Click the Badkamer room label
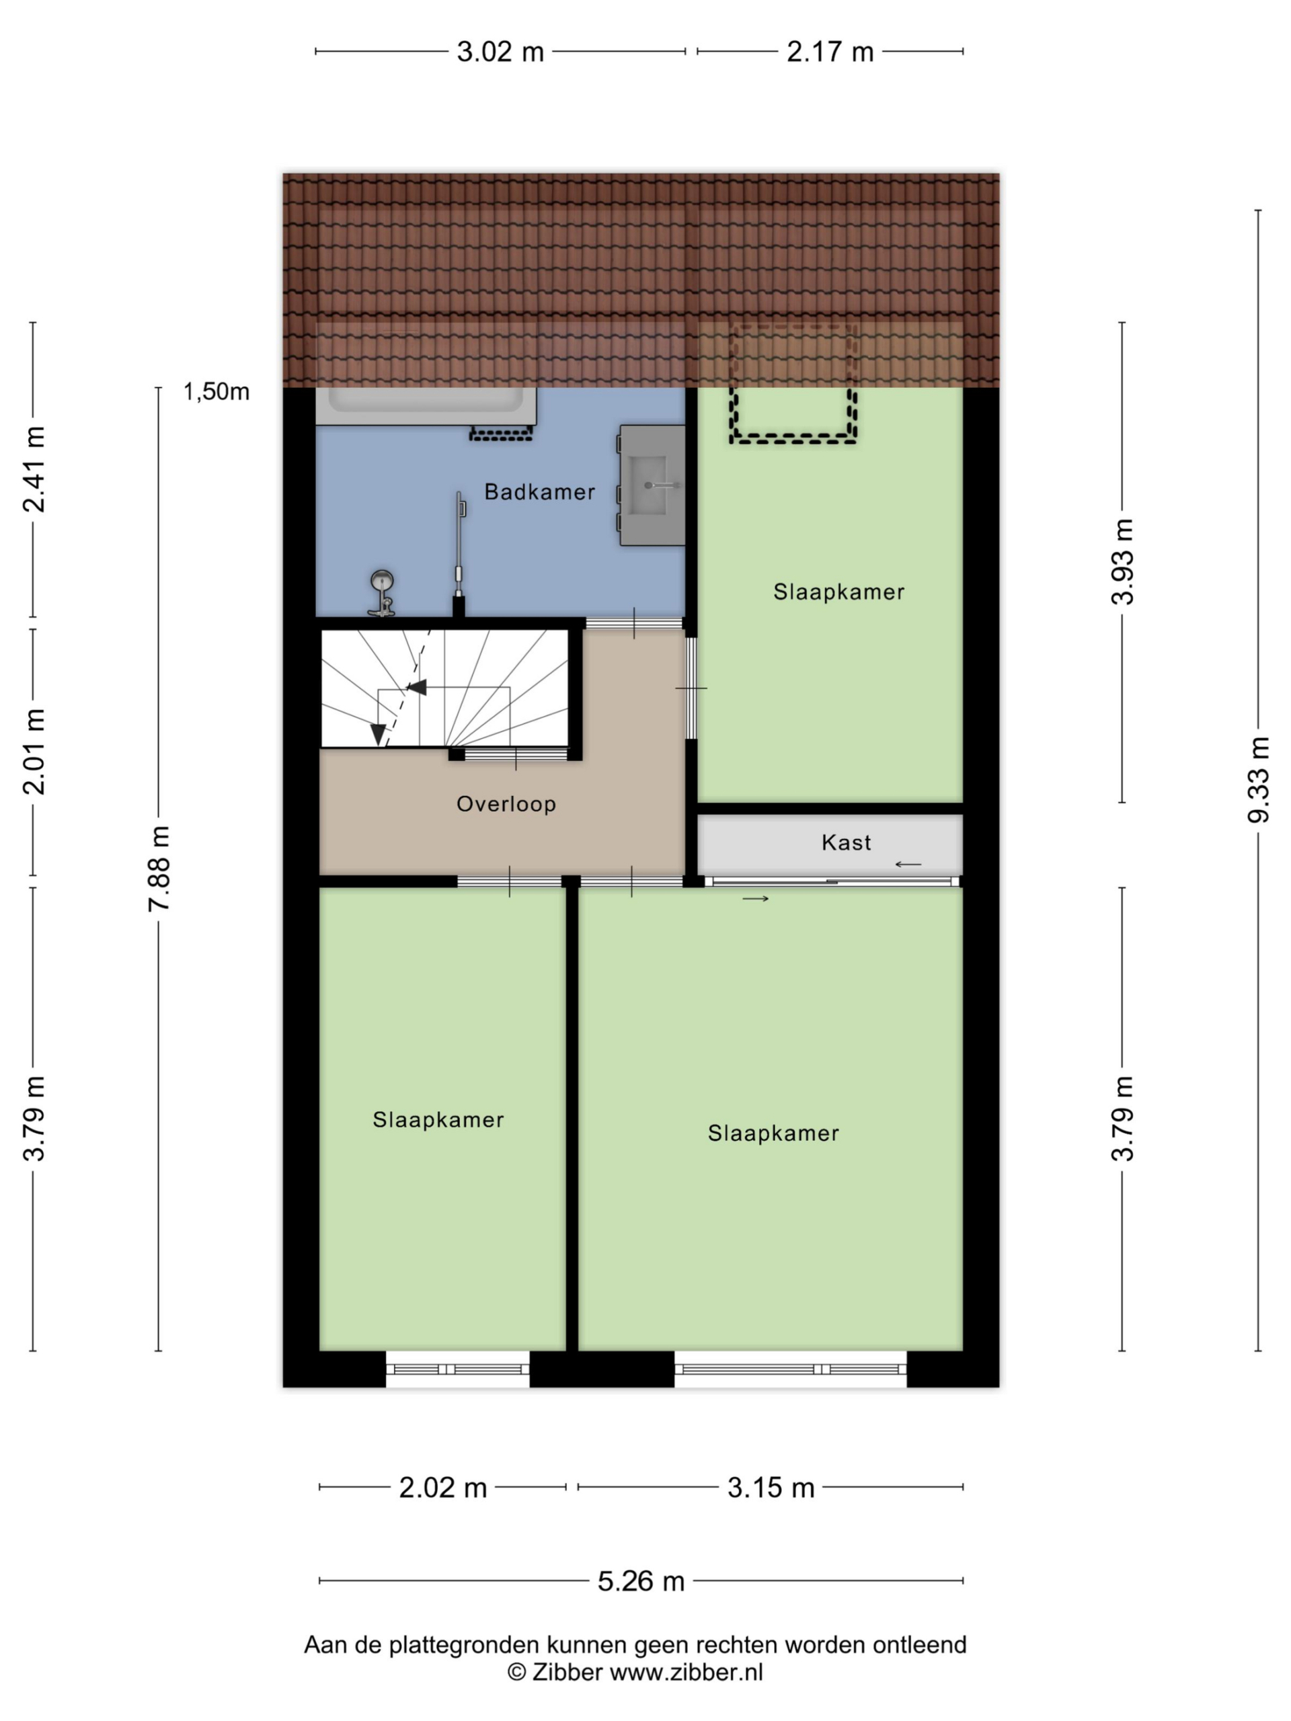pyautogui.click(x=539, y=491)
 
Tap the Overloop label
pyautogui.click(x=506, y=804)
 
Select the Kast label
pyautogui.click(x=846, y=842)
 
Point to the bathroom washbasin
pyautogui.click(x=652, y=485)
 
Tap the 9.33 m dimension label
pyautogui.click(x=1257, y=781)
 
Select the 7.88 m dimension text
pyautogui.click(x=159, y=869)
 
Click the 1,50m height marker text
pyautogui.click(x=217, y=391)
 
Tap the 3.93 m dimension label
pyautogui.click(x=1122, y=562)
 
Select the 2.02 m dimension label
pyautogui.click(x=443, y=1488)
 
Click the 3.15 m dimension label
pyautogui.click(x=771, y=1488)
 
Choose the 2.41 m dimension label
pyautogui.click(x=34, y=469)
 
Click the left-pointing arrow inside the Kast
pyautogui.click(x=908, y=865)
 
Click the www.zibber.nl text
pyautogui.click(x=687, y=1672)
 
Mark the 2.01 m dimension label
pyautogui.click(x=34, y=752)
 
